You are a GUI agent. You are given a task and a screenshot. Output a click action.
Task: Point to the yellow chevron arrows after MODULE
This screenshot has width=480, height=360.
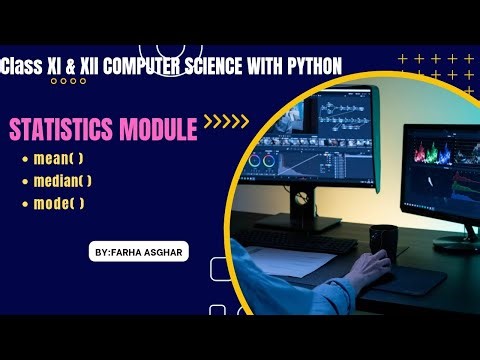226,123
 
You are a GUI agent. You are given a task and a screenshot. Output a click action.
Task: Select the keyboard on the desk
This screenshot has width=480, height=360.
290,240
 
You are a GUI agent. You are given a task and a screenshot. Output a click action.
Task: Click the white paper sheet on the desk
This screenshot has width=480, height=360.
300,266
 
